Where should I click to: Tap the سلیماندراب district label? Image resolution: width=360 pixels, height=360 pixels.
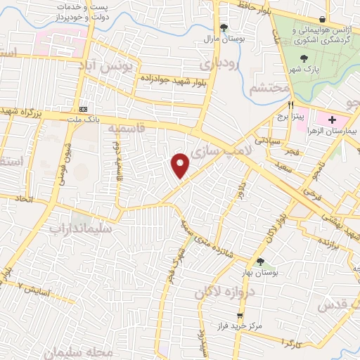(x=77, y=228)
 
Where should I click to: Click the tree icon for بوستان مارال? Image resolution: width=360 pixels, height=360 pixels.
(x=224, y=27)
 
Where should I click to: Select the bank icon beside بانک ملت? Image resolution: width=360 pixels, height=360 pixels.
(x=84, y=109)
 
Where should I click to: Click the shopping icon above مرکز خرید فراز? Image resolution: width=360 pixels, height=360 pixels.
(x=240, y=315)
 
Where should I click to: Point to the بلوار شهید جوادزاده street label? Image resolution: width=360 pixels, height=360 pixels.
(x=169, y=77)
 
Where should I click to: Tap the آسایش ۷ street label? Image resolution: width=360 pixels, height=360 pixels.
(x=36, y=288)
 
